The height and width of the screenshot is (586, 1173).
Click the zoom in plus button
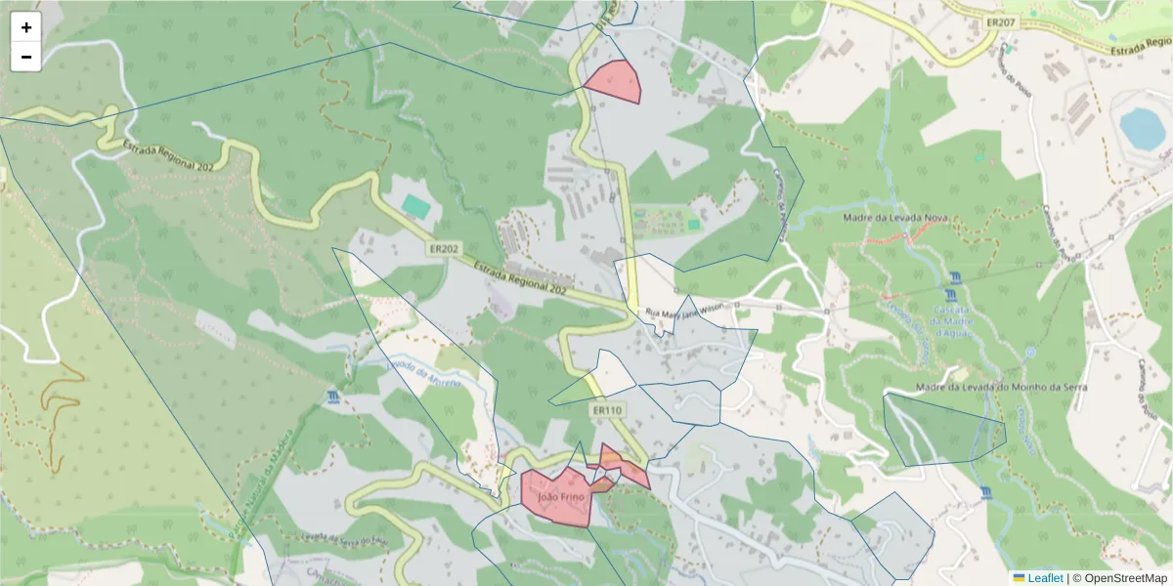[26, 27]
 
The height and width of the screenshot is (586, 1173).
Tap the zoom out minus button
[26, 58]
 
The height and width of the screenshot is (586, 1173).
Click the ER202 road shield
[443, 250]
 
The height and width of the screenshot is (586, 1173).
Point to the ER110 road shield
[606, 410]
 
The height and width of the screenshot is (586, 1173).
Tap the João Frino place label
[561, 497]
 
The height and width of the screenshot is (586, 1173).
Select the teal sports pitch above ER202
[416, 206]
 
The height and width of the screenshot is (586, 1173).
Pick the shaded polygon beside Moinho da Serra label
[938, 428]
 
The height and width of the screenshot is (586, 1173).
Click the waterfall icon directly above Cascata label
[953, 278]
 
